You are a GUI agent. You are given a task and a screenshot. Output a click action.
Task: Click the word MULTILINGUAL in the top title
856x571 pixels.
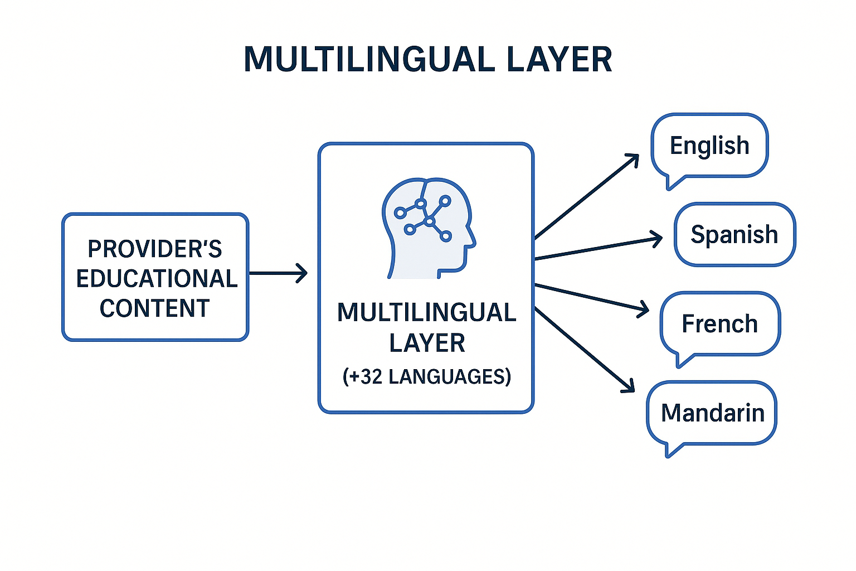pyautogui.click(x=368, y=59)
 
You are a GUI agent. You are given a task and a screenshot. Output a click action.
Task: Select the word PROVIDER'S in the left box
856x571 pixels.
pyautogui.click(x=155, y=249)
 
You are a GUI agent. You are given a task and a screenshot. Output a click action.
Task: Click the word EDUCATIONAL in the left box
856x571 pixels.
pyautogui.click(x=157, y=279)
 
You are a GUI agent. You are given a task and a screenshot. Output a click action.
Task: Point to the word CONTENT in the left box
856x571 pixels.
pyautogui.click(x=155, y=308)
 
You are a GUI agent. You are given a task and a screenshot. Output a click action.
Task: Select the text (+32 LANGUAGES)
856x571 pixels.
pyautogui.click(x=427, y=377)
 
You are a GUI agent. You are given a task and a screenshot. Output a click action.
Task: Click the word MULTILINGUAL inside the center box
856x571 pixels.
pyautogui.click(x=427, y=313)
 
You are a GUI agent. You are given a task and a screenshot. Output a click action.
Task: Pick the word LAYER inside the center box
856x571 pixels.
pyautogui.click(x=427, y=343)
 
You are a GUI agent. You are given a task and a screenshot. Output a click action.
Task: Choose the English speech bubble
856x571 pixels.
pyautogui.click(x=709, y=146)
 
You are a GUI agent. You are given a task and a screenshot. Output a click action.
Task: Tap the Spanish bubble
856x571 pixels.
pyautogui.click(x=735, y=234)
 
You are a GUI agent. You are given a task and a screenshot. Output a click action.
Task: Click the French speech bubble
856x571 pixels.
pyautogui.click(x=720, y=324)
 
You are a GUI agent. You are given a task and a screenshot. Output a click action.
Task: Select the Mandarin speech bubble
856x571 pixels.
pyautogui.click(x=712, y=413)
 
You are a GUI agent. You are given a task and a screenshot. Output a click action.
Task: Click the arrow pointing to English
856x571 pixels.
pyautogui.click(x=587, y=197)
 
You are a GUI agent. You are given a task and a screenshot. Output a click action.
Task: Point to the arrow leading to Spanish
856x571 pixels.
pyautogui.click(x=598, y=249)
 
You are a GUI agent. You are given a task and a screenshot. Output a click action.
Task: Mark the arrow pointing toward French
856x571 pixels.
pyautogui.click(x=591, y=298)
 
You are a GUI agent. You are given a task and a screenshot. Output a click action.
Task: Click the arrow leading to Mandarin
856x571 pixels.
pyautogui.click(x=584, y=349)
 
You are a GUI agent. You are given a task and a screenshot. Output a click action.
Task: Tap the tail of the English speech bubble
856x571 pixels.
pyautogui.click(x=672, y=183)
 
